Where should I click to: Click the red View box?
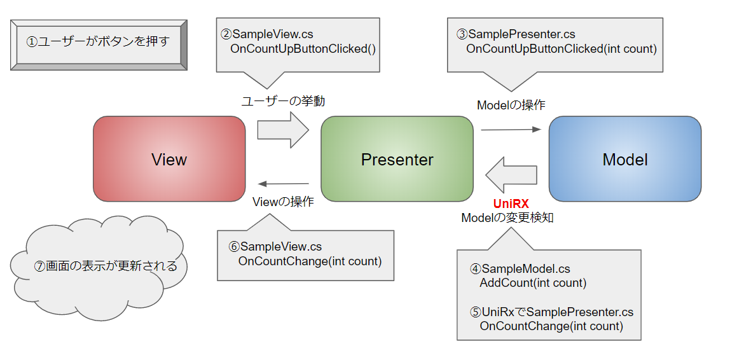pyautogui.click(x=169, y=158)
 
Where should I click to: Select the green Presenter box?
pyautogui.click(x=397, y=158)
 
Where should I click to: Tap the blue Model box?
pyautogui.click(x=625, y=158)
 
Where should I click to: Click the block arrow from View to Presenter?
pyautogui.click(x=283, y=129)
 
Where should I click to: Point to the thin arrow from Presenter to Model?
pyautogui.click(x=511, y=129)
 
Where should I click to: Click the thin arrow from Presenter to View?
pyautogui.click(x=283, y=183)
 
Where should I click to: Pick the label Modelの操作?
pyautogui.click(x=511, y=106)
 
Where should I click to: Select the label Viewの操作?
pyautogui.click(x=283, y=202)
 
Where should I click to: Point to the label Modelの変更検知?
pyautogui.click(x=507, y=218)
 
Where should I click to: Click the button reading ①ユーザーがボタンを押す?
pyautogui.click(x=98, y=45)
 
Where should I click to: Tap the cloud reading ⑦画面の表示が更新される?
pyautogui.click(x=98, y=265)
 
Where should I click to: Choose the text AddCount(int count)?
pyautogui.click(x=533, y=283)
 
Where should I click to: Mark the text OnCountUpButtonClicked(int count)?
pyautogui.click(x=562, y=49)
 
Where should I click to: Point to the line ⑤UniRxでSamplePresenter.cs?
pyautogui.click(x=552, y=312)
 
